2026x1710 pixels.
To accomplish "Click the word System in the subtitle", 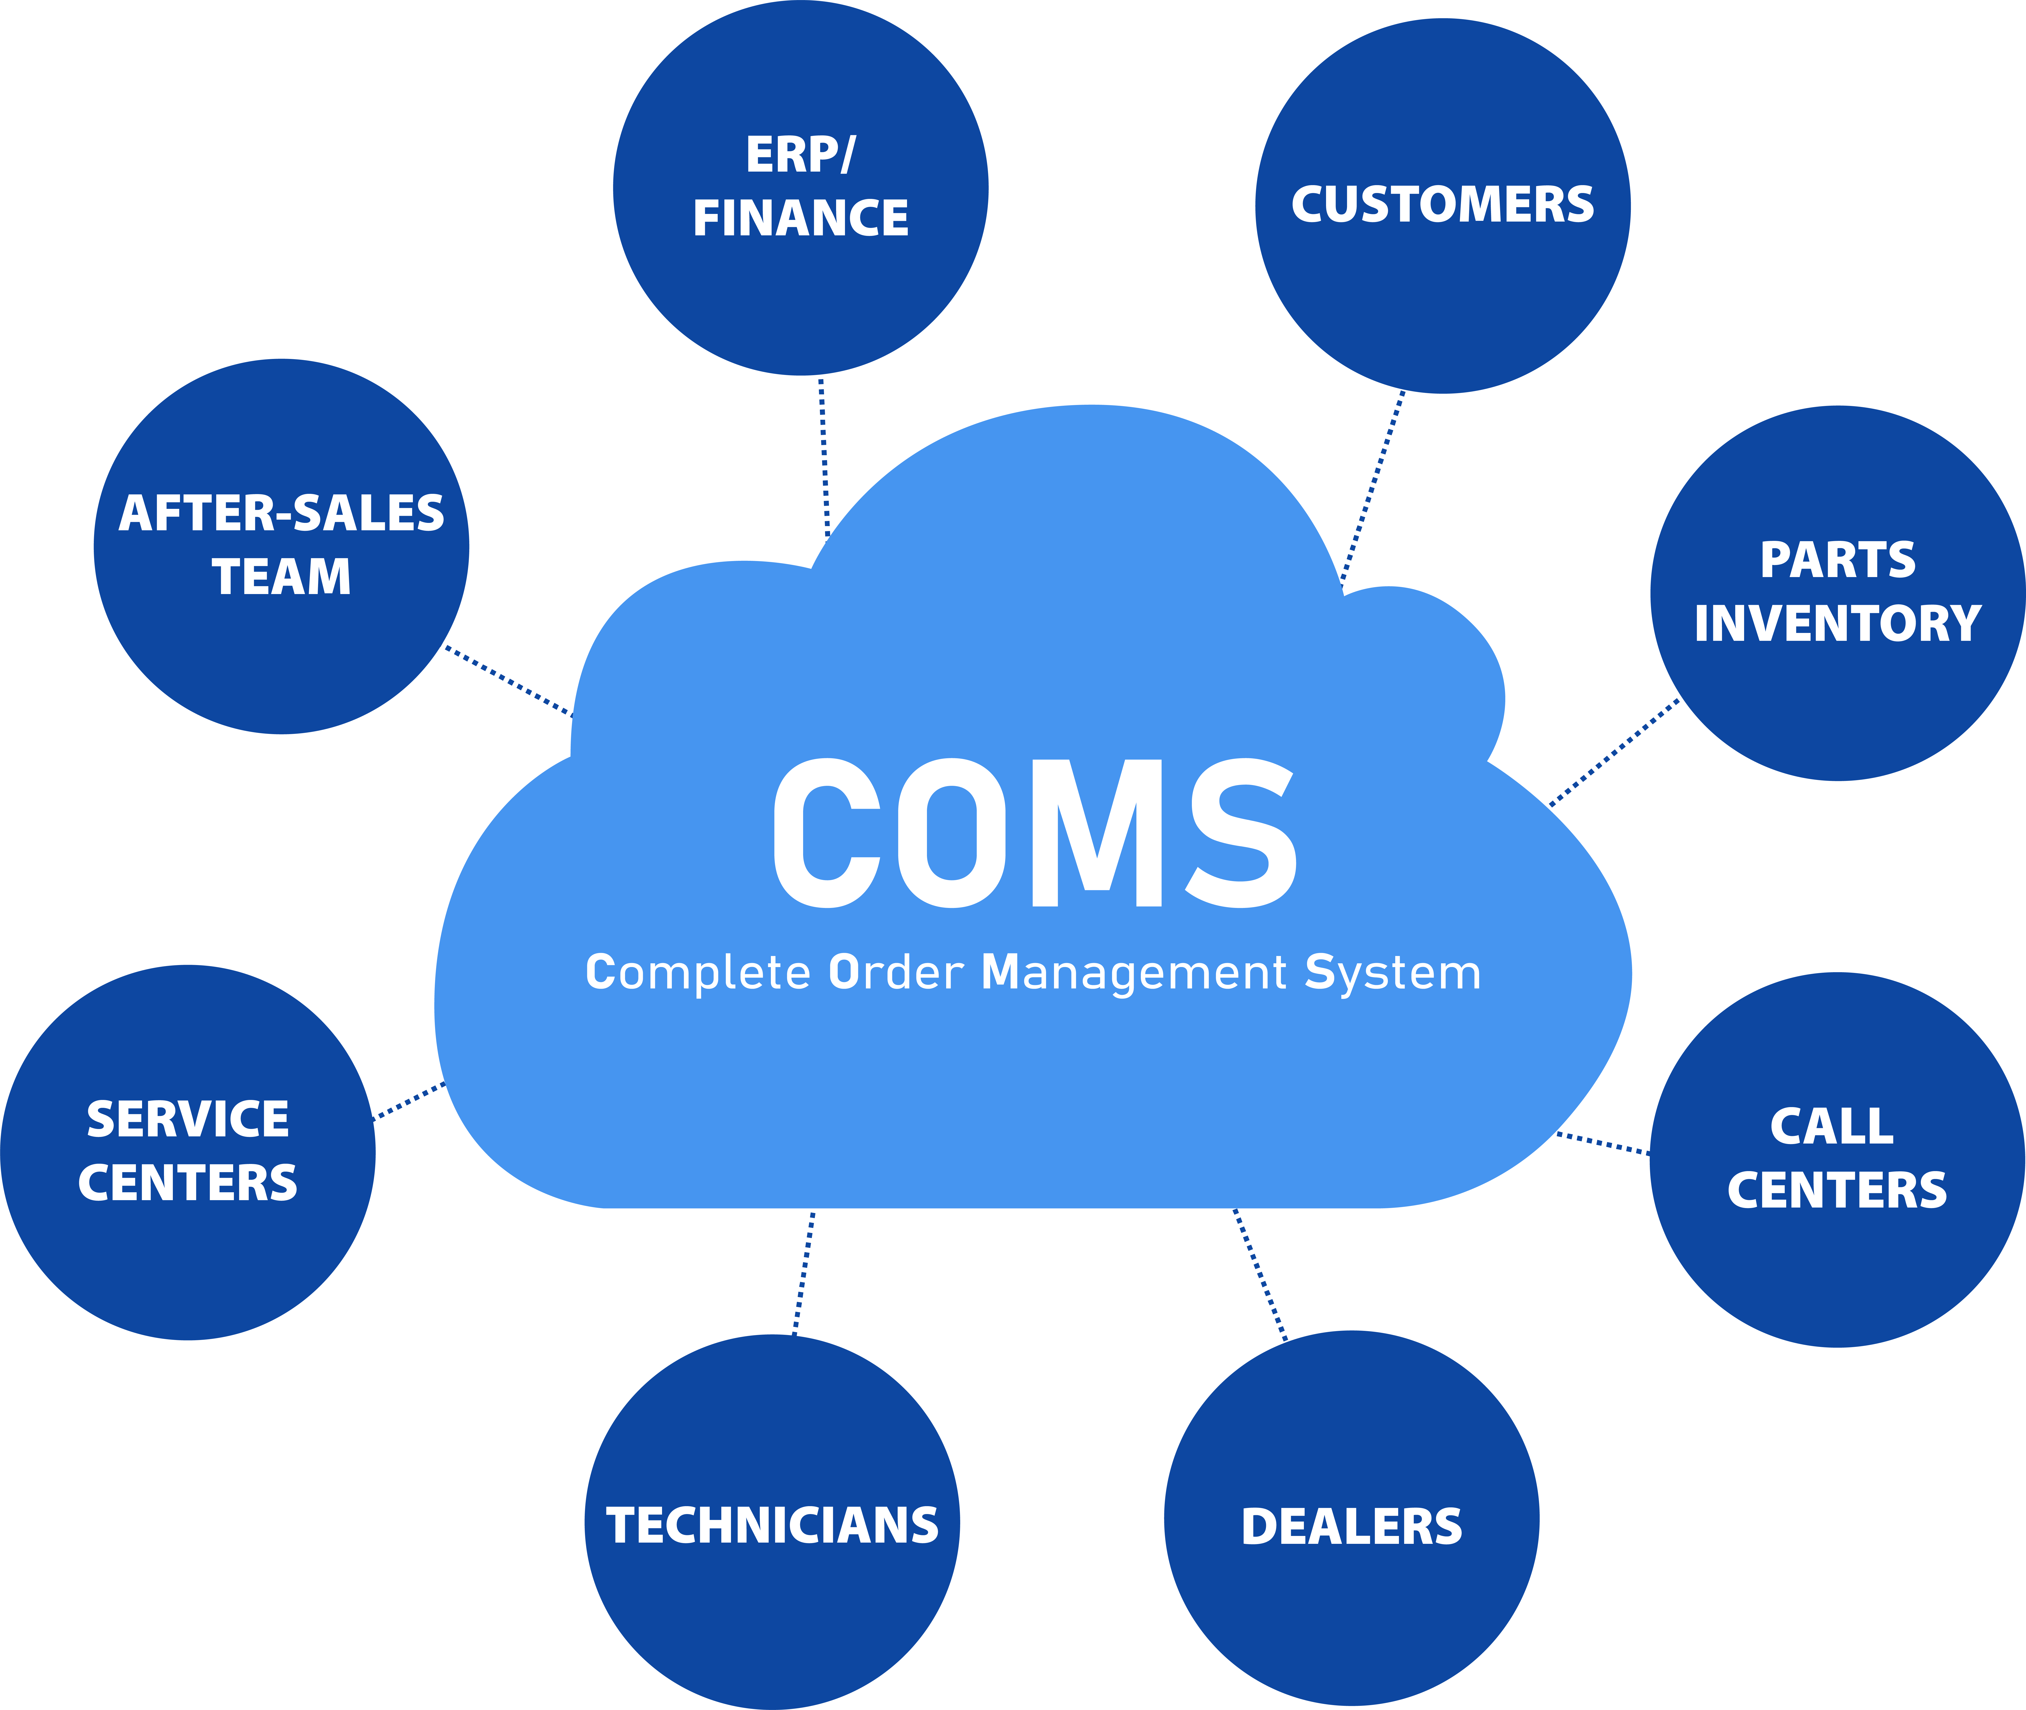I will pyautogui.click(x=1393, y=973).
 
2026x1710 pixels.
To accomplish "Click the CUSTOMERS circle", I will pyautogui.click(x=1443, y=206).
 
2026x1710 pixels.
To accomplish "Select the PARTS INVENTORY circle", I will pyautogui.click(x=1838, y=593).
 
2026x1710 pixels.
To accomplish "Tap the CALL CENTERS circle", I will pyautogui.click(x=1837, y=1159).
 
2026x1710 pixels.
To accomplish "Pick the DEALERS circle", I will pyautogui.click(x=1351, y=1518).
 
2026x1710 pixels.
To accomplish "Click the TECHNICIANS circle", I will pyautogui.click(x=773, y=1522).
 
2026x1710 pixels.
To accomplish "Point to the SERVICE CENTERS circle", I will pyautogui.click(x=188, y=1153).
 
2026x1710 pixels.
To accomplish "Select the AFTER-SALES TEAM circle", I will pyautogui.click(x=281, y=547).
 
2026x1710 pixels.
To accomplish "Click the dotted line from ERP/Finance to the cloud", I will pyautogui.click(x=824, y=456).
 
